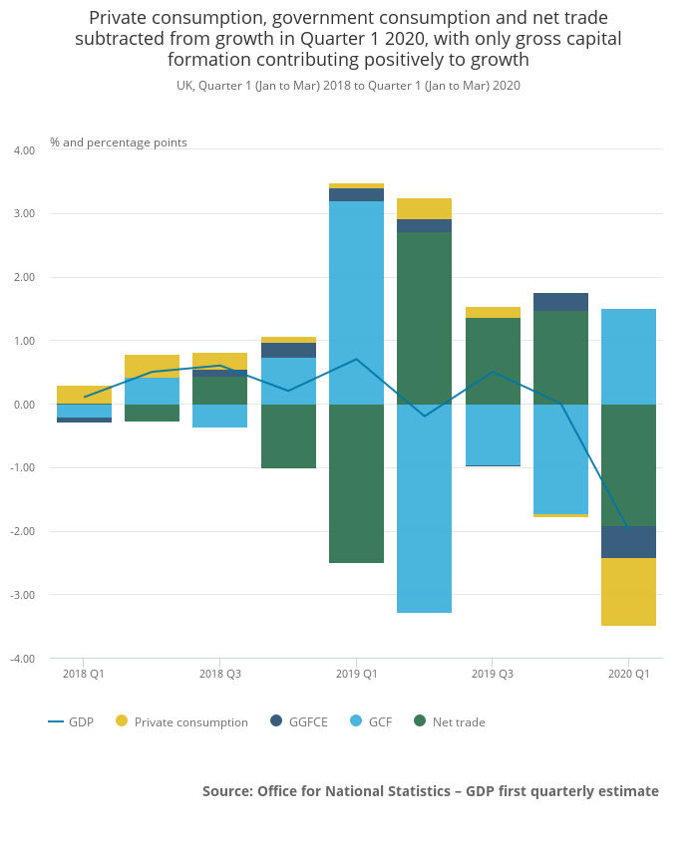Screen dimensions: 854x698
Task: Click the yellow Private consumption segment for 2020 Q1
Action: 628,592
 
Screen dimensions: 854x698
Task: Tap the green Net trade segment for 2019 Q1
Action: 356,483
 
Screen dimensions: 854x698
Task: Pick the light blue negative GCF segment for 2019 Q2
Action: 424,508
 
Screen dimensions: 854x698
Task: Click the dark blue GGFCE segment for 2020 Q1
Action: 628,542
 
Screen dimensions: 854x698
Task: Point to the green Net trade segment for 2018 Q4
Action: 288,436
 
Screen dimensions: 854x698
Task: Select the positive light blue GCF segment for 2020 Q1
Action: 628,356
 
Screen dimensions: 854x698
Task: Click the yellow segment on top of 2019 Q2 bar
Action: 424,208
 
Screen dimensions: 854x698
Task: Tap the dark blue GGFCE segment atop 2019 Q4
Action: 560,302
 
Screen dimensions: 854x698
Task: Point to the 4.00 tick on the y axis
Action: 24,150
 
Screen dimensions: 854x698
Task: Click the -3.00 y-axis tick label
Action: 24,595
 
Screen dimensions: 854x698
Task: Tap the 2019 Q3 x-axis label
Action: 493,674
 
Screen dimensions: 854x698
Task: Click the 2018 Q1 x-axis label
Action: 84,674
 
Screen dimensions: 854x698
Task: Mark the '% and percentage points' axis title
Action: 119,142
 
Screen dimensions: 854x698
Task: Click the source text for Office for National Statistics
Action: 430,790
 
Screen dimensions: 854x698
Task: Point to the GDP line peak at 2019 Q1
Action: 356,359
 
